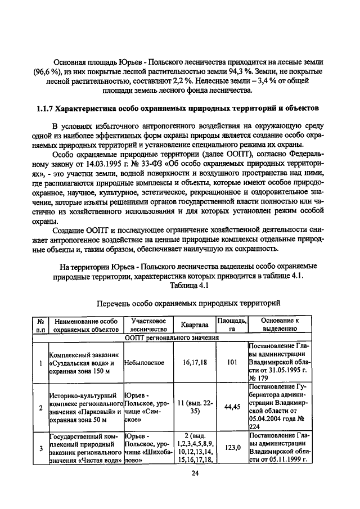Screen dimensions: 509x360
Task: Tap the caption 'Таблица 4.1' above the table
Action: (x=186, y=285)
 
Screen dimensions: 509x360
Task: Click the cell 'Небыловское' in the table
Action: (x=145, y=363)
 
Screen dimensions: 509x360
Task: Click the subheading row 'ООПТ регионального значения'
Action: (x=179, y=337)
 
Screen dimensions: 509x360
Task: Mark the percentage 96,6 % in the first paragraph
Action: (x=48, y=71)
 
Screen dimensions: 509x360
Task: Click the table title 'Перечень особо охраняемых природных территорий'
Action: (x=188, y=303)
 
